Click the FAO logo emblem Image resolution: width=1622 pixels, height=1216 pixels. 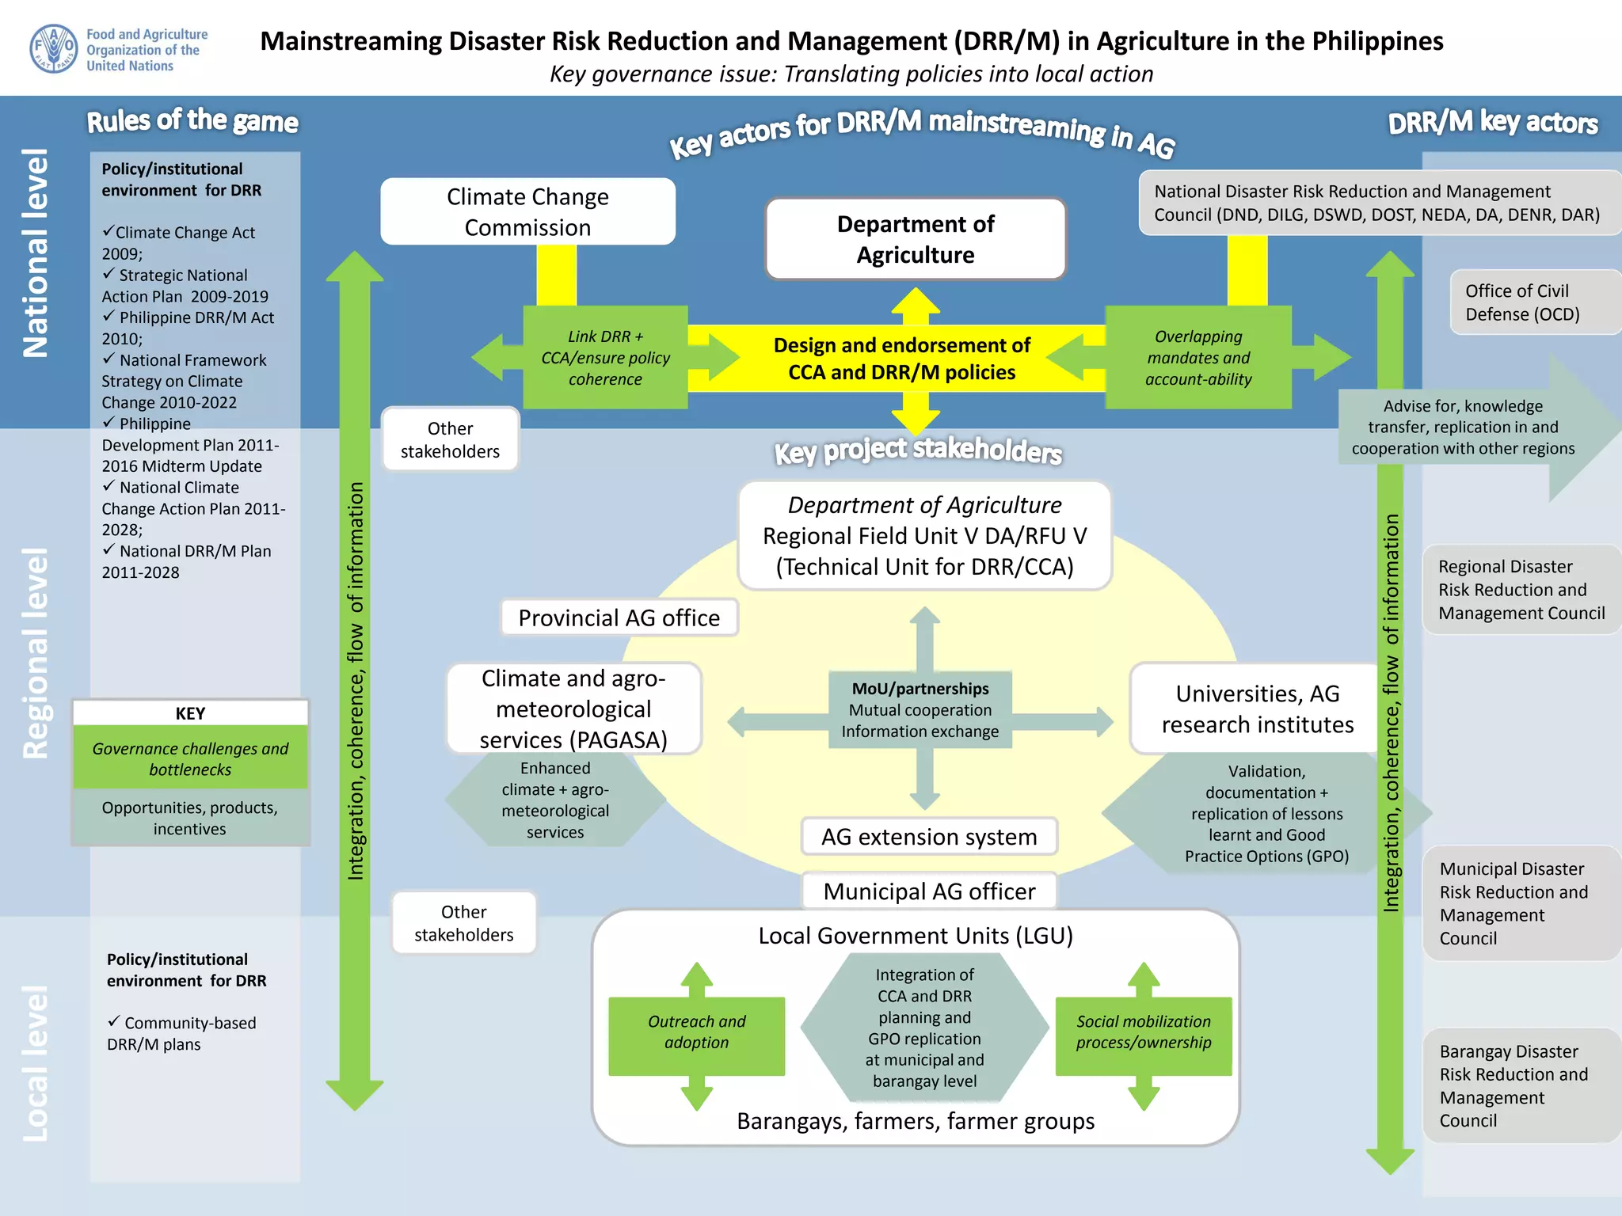53,49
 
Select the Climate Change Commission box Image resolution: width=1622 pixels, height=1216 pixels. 527,211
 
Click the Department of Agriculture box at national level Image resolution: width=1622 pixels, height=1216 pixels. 915,239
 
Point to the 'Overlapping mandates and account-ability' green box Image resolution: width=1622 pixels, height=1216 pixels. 1197,358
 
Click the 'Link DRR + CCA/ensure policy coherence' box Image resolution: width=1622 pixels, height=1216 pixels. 605,358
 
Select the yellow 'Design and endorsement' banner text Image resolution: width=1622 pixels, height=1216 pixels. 901,359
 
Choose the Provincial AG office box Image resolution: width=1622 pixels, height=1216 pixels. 619,617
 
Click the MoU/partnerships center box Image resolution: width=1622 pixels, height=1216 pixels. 920,710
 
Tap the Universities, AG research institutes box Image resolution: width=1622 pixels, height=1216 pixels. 1257,709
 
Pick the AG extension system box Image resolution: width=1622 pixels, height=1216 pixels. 928,837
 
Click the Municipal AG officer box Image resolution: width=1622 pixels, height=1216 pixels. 928,891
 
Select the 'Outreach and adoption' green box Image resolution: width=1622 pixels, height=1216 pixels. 696,1032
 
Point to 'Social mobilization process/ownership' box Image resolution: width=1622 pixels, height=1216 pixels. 1143,1032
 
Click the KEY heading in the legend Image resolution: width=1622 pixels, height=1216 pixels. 190,713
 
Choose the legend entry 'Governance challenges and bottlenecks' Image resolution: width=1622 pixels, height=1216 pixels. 190,758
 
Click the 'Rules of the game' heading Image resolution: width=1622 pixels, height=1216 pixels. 192,121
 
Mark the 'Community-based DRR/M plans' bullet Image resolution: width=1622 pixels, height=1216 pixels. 182,1033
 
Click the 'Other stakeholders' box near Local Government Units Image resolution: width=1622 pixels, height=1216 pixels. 463,923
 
